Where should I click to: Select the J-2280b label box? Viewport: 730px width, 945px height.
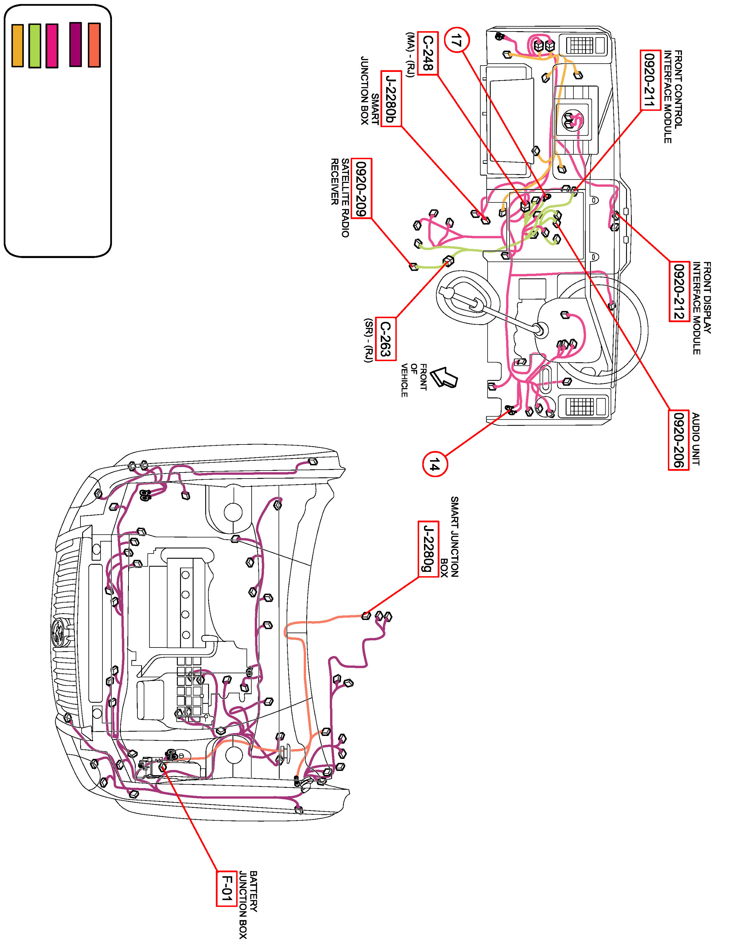pyautogui.click(x=391, y=99)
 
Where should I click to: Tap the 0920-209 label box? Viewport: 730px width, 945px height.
pyautogui.click(x=362, y=189)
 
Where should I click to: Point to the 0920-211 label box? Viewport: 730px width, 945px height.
pyautogui.click(x=650, y=80)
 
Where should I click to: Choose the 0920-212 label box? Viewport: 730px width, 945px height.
pyautogui.click(x=679, y=292)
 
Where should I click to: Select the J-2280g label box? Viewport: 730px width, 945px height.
pyautogui.click(x=428, y=549)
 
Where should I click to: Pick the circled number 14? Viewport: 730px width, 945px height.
pyautogui.click(x=435, y=464)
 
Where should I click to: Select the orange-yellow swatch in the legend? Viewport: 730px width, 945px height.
pyautogui.click(x=17, y=46)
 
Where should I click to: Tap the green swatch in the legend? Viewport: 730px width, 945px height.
pyautogui.click(x=35, y=46)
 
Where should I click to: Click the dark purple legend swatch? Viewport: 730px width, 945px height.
pyautogui.click(x=76, y=45)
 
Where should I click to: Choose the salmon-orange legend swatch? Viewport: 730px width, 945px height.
pyautogui.click(x=94, y=45)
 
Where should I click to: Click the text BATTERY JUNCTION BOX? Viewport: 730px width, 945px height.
pyautogui.click(x=248, y=904)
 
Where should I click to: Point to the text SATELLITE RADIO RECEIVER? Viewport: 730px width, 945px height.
pyautogui.click(x=339, y=197)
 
